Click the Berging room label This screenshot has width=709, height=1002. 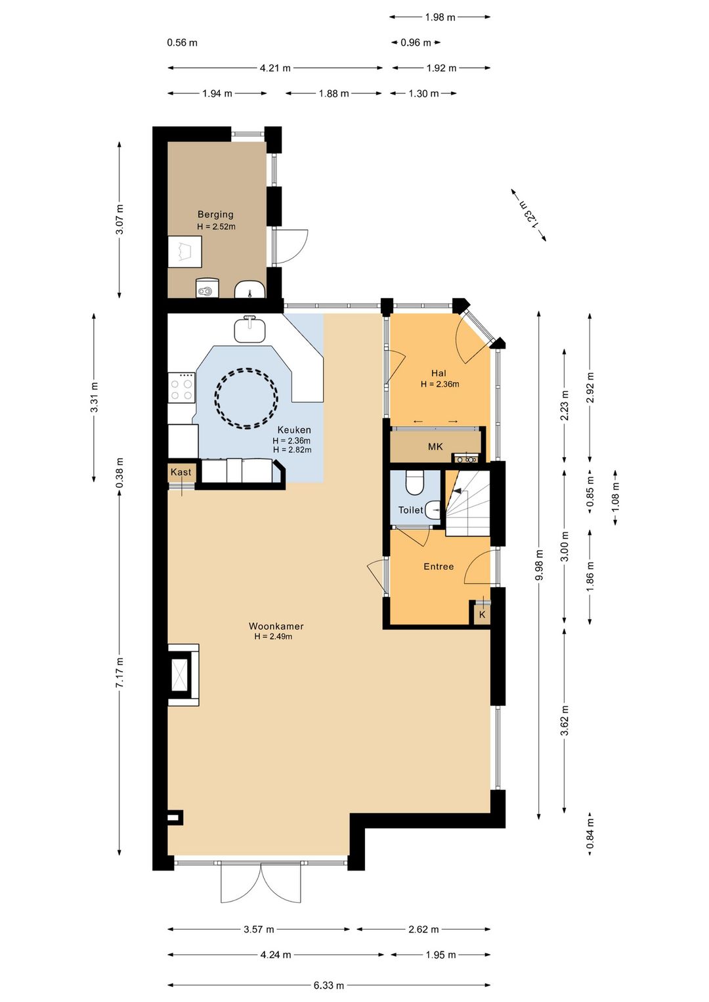tap(215, 214)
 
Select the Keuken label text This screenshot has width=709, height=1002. tap(294, 430)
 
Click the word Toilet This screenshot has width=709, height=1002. tap(411, 510)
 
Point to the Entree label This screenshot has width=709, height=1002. tap(439, 566)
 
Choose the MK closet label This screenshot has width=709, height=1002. tap(435, 447)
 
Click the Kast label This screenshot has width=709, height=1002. tap(181, 472)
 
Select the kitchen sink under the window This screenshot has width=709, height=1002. tap(250, 329)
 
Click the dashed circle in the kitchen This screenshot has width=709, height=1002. tap(246, 398)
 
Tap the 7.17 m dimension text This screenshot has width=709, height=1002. tap(119, 672)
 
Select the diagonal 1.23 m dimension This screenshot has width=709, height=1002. tap(528, 215)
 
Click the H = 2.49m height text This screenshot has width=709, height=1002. tap(273, 636)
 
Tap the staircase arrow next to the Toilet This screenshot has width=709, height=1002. tap(458, 491)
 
